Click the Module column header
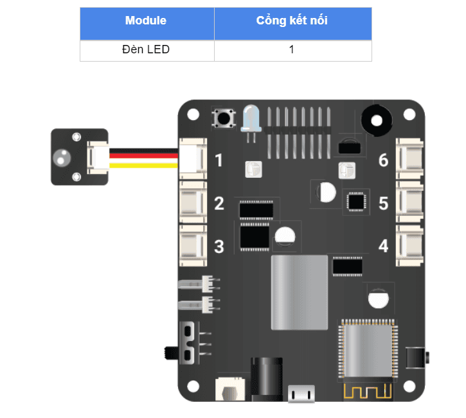[146, 21]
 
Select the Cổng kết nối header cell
[292, 21]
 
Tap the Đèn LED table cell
[146, 49]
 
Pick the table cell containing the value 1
[292, 49]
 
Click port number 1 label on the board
[219, 160]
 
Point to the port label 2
[219, 204]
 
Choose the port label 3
[219, 246]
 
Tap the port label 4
[384, 246]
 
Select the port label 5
[384, 204]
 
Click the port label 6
[384, 160]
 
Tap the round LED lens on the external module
[63, 157]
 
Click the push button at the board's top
[224, 119]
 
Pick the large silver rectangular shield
[299, 292]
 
